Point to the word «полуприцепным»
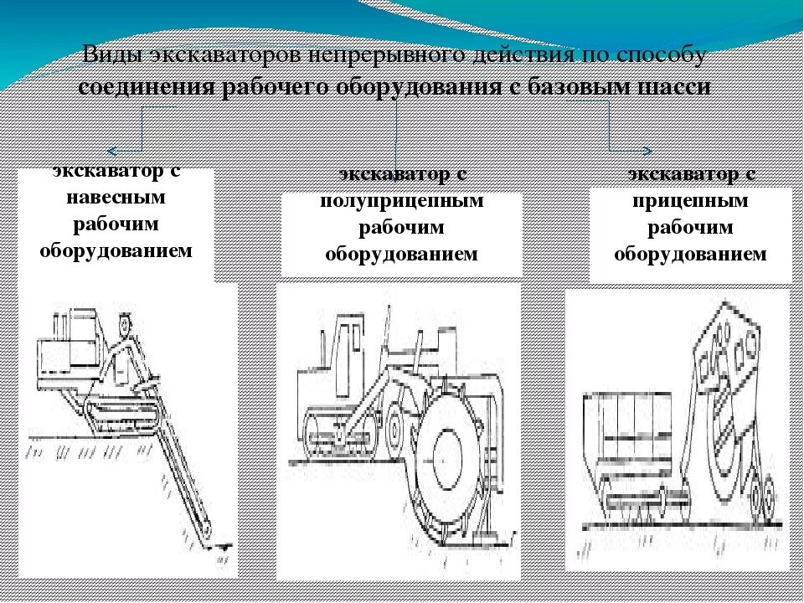pyautogui.click(x=402, y=202)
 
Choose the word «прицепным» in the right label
pyautogui.click(x=691, y=202)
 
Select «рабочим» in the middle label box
pyautogui.click(x=402, y=228)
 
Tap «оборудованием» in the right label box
pyautogui.click(x=691, y=254)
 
